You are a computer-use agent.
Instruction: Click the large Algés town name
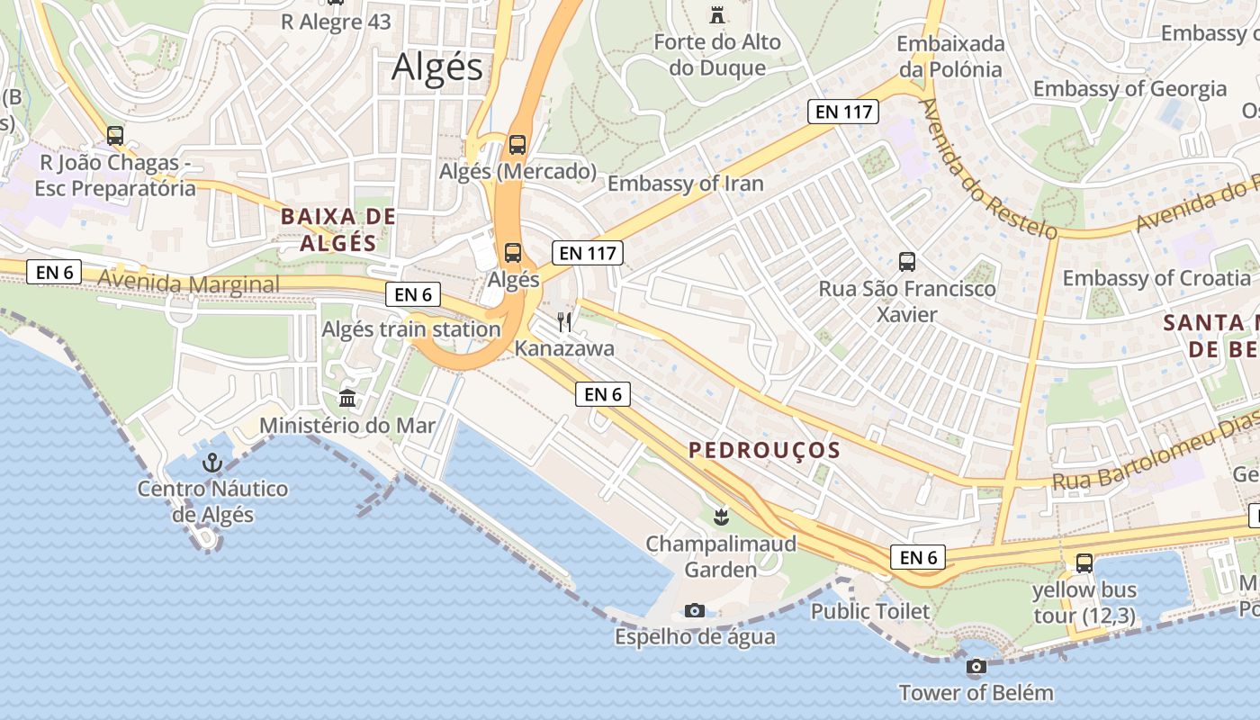click(437, 67)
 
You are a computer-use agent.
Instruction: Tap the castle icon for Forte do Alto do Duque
click(717, 14)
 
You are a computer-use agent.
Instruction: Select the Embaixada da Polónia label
click(949, 56)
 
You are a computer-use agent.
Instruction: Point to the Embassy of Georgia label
click(1129, 88)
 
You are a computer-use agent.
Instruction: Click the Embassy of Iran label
click(685, 184)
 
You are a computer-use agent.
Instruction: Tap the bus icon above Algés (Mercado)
click(517, 144)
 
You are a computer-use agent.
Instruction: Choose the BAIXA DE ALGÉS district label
click(337, 229)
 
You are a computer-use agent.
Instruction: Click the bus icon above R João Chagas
click(115, 136)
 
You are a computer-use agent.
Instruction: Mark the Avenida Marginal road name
click(188, 283)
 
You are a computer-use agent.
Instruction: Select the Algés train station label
click(411, 328)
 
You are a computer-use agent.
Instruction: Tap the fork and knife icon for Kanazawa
click(564, 322)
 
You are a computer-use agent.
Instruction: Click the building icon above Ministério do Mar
click(347, 398)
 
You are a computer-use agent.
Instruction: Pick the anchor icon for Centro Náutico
click(212, 463)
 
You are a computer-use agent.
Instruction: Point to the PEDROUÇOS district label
click(764, 450)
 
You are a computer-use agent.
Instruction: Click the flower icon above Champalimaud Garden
click(720, 517)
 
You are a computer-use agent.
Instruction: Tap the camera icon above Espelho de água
click(694, 610)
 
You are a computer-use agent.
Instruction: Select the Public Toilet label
click(870, 611)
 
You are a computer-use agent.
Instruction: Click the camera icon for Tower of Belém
click(976, 667)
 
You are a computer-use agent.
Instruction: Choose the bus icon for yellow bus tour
click(1084, 563)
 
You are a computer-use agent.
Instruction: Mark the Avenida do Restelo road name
click(987, 168)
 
